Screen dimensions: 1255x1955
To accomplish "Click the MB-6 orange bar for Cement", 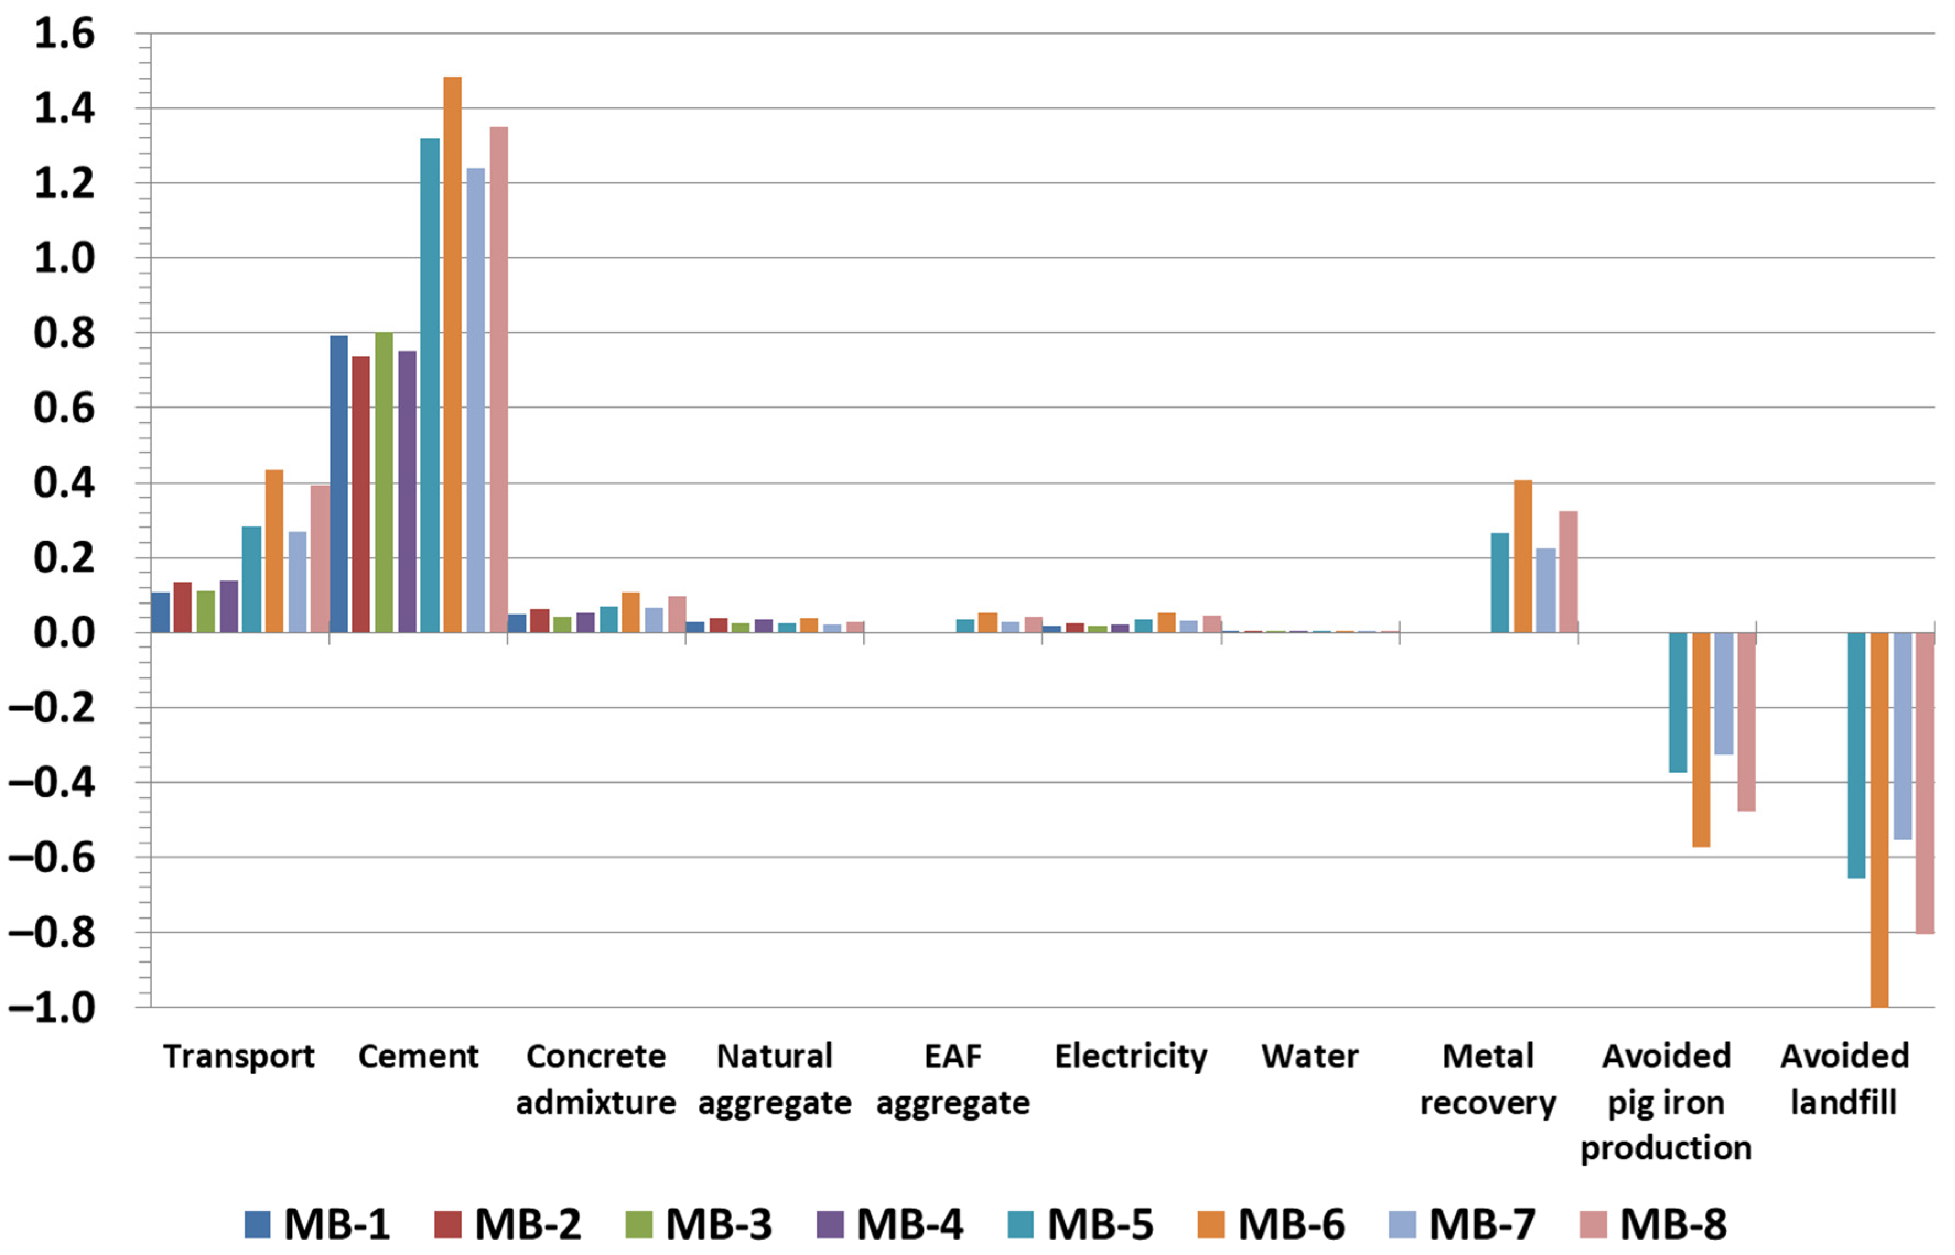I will click(x=452, y=355).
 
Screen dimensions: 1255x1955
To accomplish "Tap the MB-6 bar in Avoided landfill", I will click(x=1878, y=819).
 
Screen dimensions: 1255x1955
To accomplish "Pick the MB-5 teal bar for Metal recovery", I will click(x=1499, y=583).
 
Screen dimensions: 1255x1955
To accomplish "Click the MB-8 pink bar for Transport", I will click(x=320, y=559).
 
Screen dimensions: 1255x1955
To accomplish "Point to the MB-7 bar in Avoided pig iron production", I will click(x=1724, y=693).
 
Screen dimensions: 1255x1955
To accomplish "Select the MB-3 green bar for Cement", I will click(x=384, y=482).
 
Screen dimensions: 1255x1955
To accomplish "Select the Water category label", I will click(x=1309, y=1056).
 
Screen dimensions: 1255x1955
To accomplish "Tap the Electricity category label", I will click(x=1131, y=1056).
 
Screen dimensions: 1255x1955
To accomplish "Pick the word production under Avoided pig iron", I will click(x=1666, y=1148).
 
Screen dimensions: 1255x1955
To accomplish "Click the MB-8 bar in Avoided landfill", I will click(x=1924, y=783).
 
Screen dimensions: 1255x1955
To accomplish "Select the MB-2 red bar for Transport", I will click(x=182, y=607).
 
